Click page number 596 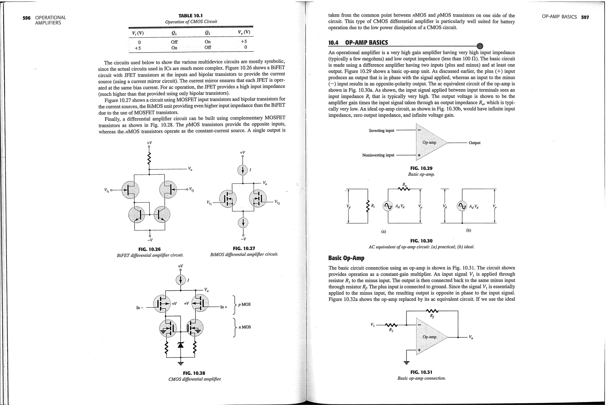coord(26,18)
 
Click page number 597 coord(585,17)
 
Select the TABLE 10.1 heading coord(191,16)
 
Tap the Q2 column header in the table coord(208,33)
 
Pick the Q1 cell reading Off coord(174,42)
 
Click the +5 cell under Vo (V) coord(244,42)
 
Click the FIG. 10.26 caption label coord(150,249)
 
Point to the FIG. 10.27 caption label coord(244,248)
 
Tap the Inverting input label coord(381,131)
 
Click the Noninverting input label coord(378,155)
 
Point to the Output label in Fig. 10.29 coord(474,143)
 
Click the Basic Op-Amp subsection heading coord(346,258)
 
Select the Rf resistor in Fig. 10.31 coord(432,311)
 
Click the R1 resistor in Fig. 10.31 coord(390,325)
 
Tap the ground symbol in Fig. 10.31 coord(407,362)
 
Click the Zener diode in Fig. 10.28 coord(180,344)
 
